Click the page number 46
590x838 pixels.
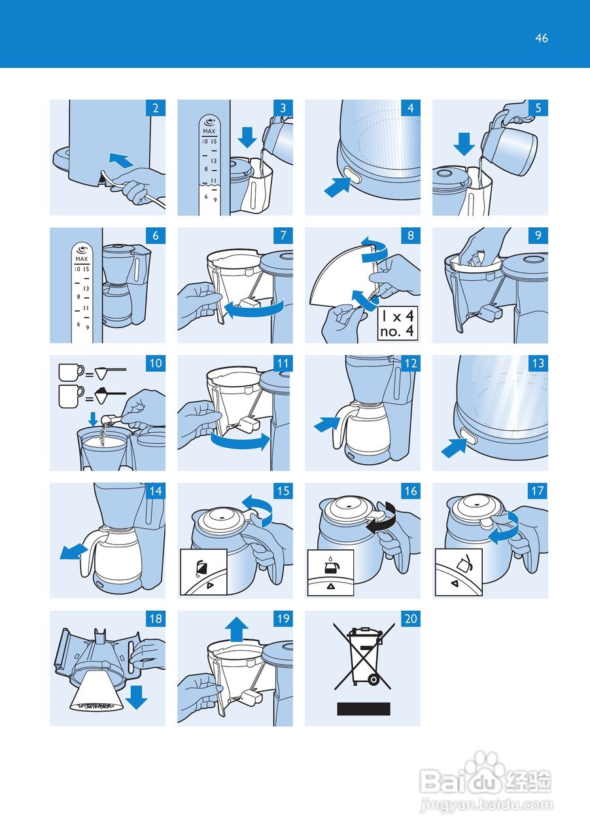tap(541, 38)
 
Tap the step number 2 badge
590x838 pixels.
tap(156, 108)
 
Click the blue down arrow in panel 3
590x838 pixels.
tap(248, 137)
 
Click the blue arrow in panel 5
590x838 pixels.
tap(464, 143)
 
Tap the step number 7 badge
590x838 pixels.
tap(283, 236)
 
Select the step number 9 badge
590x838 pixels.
tap(538, 236)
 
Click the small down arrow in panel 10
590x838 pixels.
tap(93, 417)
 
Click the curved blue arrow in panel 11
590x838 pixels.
tap(240, 443)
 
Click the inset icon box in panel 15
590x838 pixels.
tap(203, 572)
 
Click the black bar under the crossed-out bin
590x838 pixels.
tap(363, 708)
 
